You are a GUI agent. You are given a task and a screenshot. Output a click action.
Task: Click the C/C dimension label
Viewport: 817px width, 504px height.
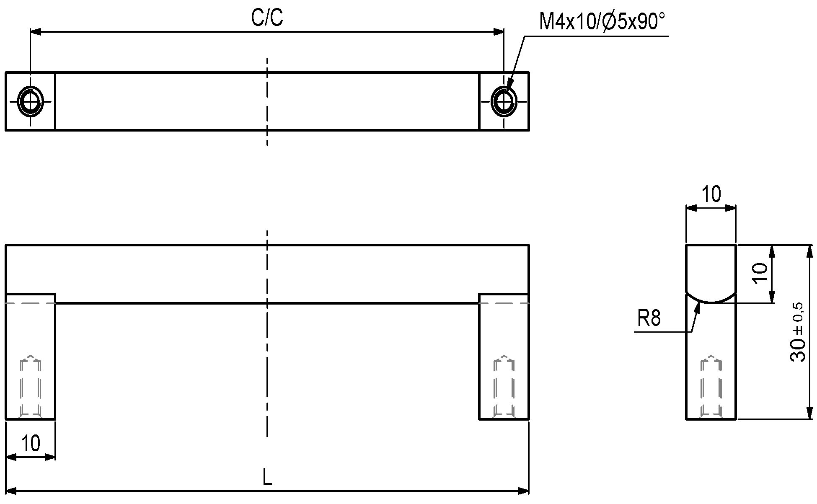(267, 18)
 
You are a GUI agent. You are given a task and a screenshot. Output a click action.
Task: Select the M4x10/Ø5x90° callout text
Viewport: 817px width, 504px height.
(602, 22)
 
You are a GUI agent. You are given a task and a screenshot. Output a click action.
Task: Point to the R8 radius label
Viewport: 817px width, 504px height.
(649, 318)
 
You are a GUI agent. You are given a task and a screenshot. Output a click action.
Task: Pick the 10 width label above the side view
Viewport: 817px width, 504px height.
(711, 194)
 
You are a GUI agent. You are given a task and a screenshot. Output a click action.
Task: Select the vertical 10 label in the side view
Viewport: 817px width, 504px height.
(760, 274)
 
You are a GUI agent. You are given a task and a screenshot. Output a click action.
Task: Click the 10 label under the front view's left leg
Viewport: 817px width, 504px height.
(31, 443)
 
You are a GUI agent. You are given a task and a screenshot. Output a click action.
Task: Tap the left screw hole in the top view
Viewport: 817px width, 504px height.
(30, 101)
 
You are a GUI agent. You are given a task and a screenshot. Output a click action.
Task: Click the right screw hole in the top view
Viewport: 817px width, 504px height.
(504, 101)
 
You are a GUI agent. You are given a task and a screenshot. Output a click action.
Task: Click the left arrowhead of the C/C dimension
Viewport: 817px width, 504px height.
(36, 32)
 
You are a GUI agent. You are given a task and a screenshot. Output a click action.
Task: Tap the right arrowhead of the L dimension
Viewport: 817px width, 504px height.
(524, 491)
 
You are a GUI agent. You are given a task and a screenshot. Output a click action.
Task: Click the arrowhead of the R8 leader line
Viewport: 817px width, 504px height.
(698, 308)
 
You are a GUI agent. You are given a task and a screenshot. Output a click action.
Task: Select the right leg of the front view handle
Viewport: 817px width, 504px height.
(504, 356)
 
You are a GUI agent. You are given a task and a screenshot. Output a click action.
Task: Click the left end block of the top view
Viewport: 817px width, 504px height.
(30, 101)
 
